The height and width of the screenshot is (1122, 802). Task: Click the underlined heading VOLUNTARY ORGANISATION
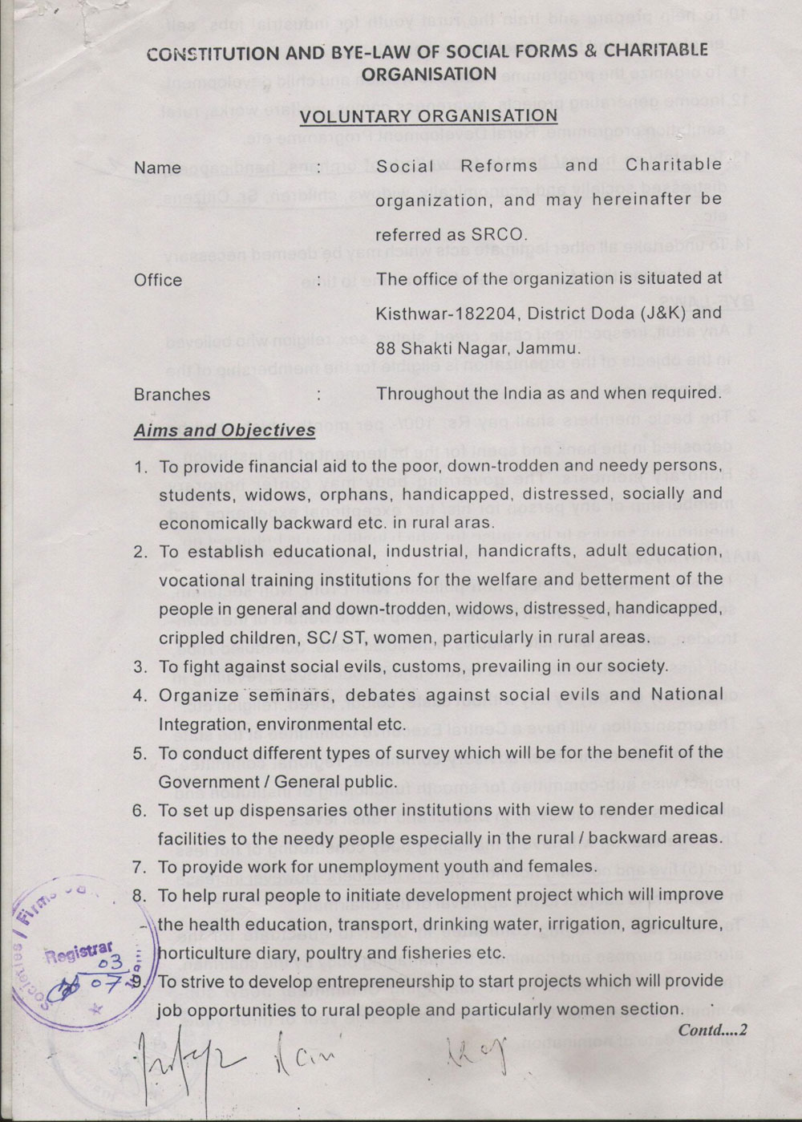(428, 115)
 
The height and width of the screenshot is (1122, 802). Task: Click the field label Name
(157, 168)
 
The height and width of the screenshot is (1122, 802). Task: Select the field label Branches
(172, 395)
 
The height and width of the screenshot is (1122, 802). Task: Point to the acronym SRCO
(499, 235)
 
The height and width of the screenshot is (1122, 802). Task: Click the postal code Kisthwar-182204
(439, 314)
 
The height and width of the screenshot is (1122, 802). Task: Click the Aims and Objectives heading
(225, 430)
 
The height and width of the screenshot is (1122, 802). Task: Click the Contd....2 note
(712, 1031)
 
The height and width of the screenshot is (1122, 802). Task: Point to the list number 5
(140, 753)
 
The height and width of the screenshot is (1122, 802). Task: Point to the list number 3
(140, 666)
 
